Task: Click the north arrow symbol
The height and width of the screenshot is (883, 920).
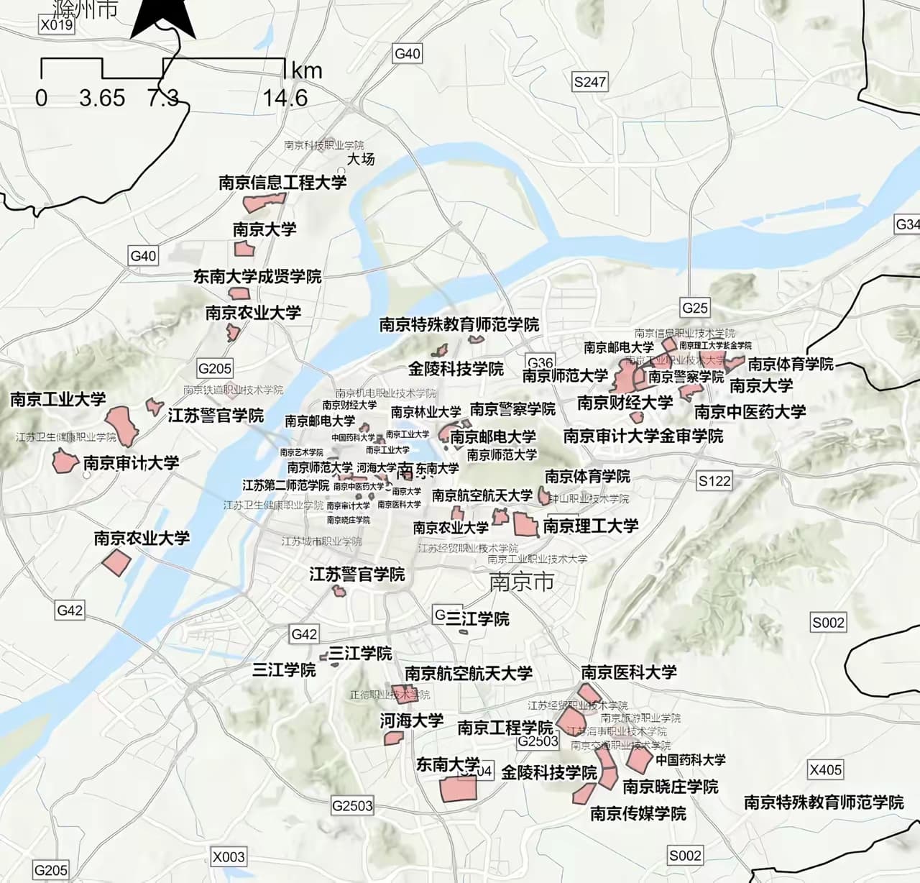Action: [x=163, y=19]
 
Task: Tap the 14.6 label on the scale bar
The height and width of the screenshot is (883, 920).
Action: [x=285, y=98]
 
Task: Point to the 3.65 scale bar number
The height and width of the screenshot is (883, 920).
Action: [x=102, y=98]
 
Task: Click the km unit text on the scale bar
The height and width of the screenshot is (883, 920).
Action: [x=307, y=70]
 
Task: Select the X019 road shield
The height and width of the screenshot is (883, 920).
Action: [x=57, y=25]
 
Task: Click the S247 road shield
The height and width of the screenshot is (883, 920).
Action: [x=589, y=82]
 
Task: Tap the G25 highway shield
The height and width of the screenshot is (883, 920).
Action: [x=694, y=308]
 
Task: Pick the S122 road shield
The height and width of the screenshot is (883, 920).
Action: [x=714, y=481]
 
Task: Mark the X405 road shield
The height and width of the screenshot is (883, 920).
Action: [x=825, y=769]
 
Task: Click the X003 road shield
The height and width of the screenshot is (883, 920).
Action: [x=229, y=856]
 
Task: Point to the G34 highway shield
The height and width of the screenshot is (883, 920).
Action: [x=907, y=224]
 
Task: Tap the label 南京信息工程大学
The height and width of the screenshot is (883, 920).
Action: [x=282, y=183]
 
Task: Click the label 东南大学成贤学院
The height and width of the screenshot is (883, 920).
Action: [x=257, y=276]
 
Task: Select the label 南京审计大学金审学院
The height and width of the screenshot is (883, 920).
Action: [x=643, y=436]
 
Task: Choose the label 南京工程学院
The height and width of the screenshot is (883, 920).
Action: [x=505, y=728]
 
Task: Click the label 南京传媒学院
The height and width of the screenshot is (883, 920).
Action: [x=638, y=813]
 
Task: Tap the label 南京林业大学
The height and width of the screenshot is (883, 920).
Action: [x=426, y=412]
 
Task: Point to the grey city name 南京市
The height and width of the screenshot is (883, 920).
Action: [x=521, y=581]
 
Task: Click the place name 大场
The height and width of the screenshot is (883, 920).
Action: [x=361, y=159]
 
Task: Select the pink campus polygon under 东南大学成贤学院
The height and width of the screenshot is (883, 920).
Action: [x=239, y=293]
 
